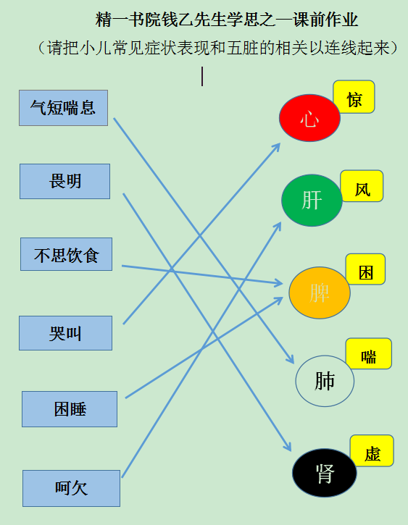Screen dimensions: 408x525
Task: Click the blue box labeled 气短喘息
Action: click(x=63, y=108)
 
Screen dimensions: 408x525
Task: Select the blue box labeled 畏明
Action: click(x=64, y=182)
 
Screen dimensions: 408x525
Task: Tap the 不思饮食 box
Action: click(x=67, y=254)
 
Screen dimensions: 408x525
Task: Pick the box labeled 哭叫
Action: click(x=66, y=333)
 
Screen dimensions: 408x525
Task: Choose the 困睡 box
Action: click(x=70, y=409)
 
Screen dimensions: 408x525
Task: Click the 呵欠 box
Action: click(x=71, y=488)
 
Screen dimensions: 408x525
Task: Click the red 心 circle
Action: click(x=310, y=118)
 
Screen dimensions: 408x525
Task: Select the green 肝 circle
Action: click(x=312, y=200)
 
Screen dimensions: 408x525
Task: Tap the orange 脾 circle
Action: click(x=320, y=293)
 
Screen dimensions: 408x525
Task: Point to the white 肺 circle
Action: click(x=325, y=381)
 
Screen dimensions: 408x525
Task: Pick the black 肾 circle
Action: click(x=324, y=473)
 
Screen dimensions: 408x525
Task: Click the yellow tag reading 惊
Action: click(x=354, y=97)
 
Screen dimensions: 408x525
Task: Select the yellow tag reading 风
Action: click(x=362, y=186)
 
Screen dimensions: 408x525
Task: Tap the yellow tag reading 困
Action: click(x=365, y=269)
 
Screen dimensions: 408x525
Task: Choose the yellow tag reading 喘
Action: click(x=368, y=353)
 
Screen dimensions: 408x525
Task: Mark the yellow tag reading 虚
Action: click(x=372, y=450)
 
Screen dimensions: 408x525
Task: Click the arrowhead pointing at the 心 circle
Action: click(x=277, y=147)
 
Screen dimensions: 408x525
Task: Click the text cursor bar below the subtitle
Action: click(x=202, y=76)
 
